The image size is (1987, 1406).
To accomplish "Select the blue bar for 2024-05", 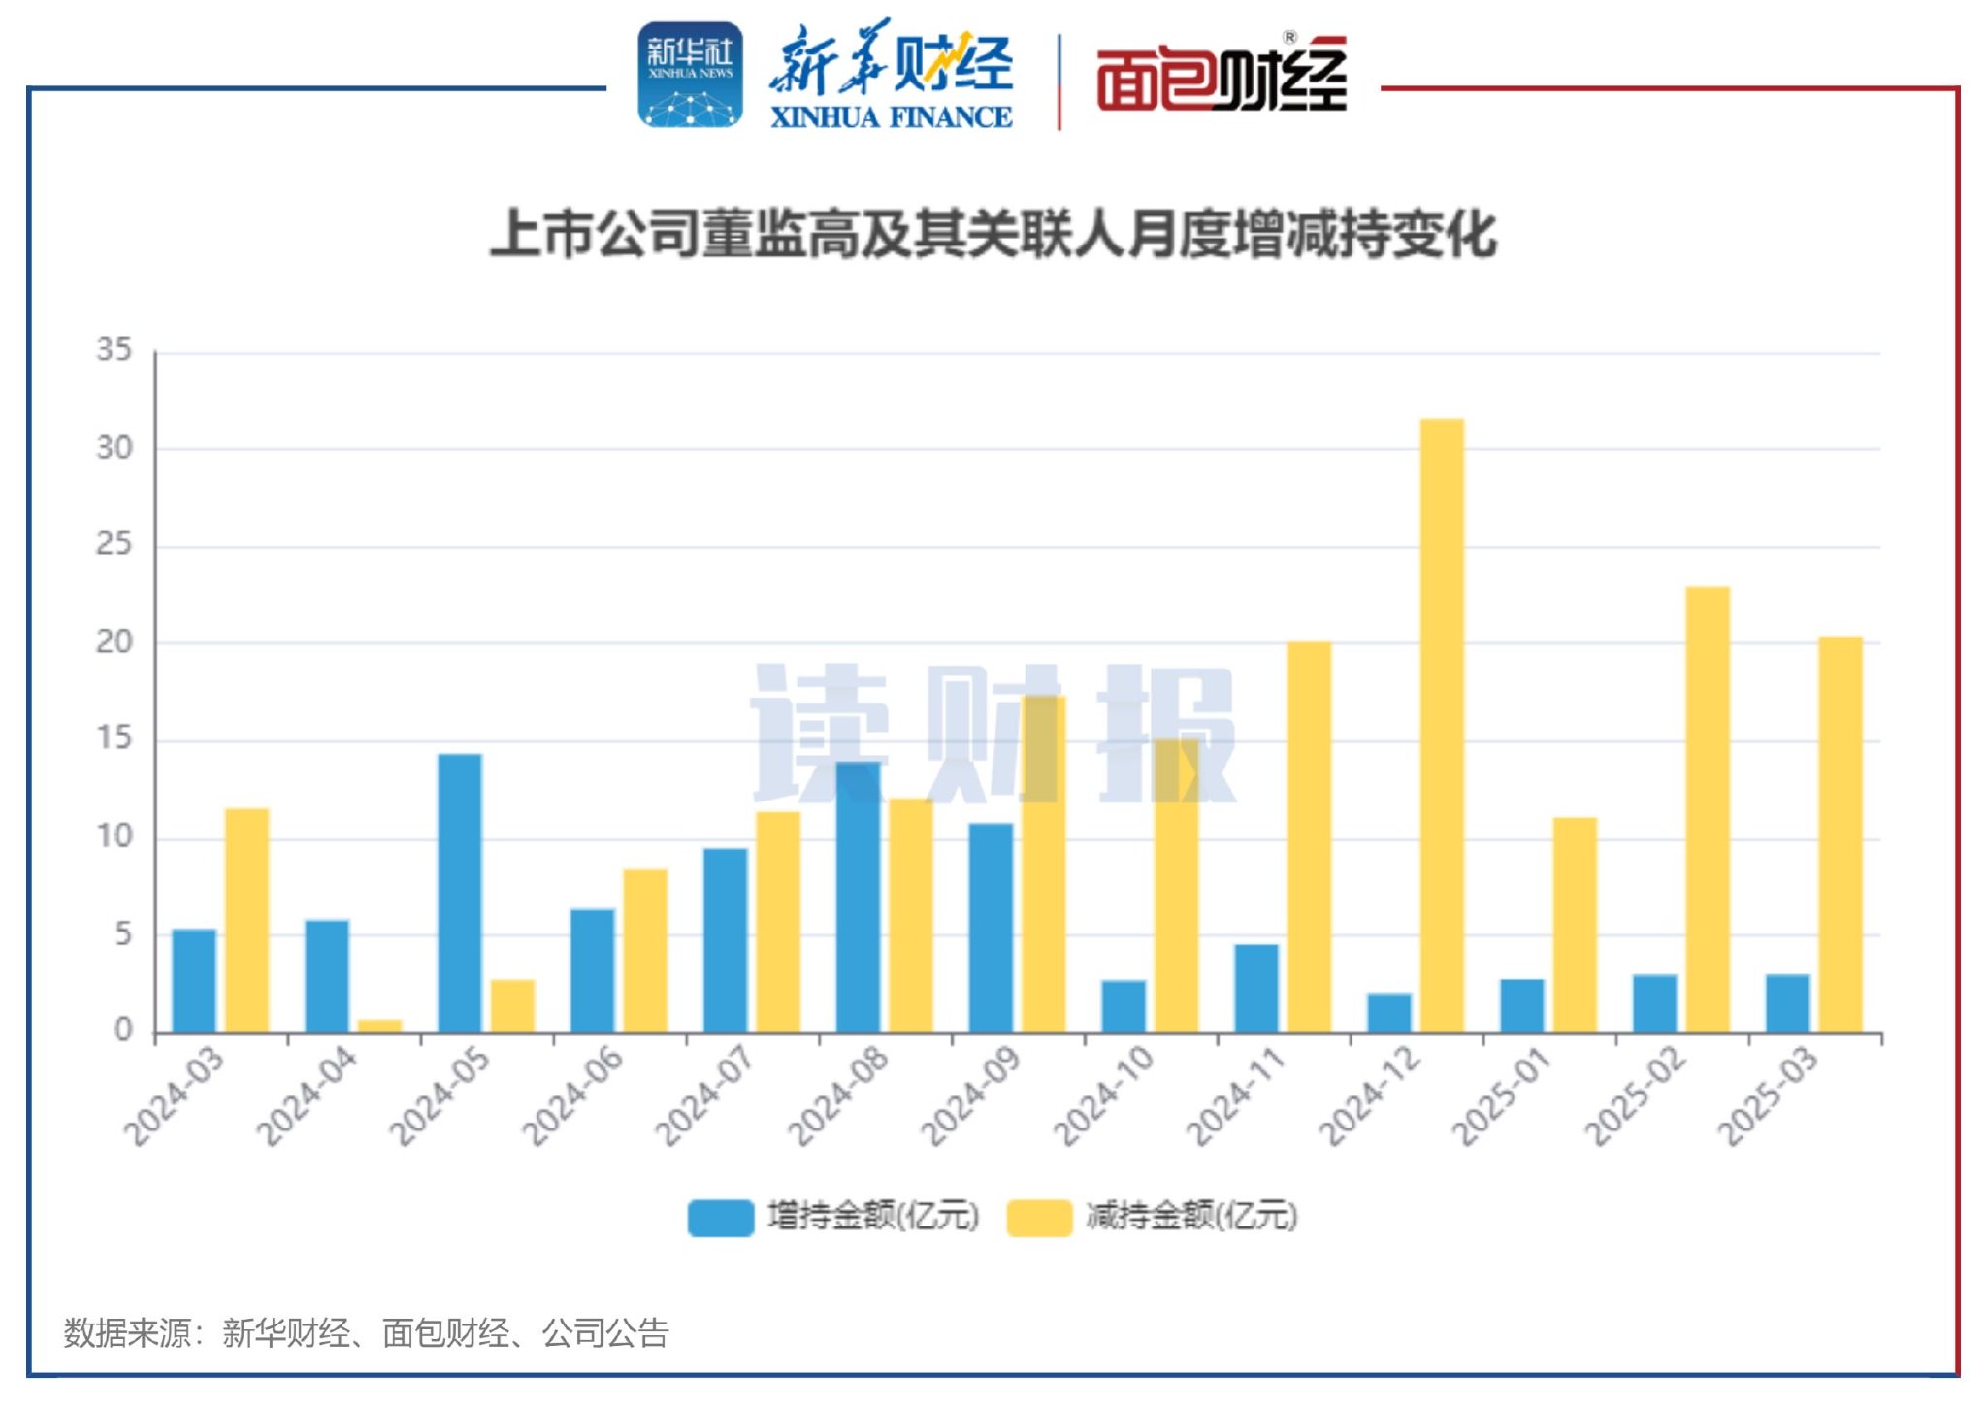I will click(459, 893).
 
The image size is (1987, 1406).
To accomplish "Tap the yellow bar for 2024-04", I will click(379, 1026).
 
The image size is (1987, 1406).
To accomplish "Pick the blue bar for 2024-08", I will click(858, 898).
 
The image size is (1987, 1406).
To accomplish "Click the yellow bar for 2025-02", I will click(1708, 809).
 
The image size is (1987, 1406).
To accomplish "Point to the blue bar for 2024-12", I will click(1389, 1013).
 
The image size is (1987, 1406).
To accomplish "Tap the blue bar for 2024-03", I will click(194, 980).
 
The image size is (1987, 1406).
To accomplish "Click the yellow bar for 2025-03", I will click(1840, 834).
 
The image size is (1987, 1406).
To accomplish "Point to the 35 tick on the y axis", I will click(114, 350).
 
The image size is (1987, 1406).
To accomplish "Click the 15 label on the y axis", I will click(114, 739).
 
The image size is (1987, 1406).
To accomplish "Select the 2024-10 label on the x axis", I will click(1104, 1095).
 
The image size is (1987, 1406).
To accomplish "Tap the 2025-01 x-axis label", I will click(1502, 1095).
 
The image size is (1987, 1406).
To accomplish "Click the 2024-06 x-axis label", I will click(572, 1095).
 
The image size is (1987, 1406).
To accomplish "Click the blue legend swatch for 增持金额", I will click(720, 1217).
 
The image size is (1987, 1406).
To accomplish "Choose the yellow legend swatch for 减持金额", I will click(1039, 1217).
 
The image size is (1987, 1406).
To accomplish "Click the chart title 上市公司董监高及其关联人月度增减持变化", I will click(993, 235).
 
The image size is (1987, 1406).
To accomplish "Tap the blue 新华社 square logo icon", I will click(690, 76).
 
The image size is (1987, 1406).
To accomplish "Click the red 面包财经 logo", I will click(1222, 78).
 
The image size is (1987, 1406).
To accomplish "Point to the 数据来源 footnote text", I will click(366, 1333).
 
